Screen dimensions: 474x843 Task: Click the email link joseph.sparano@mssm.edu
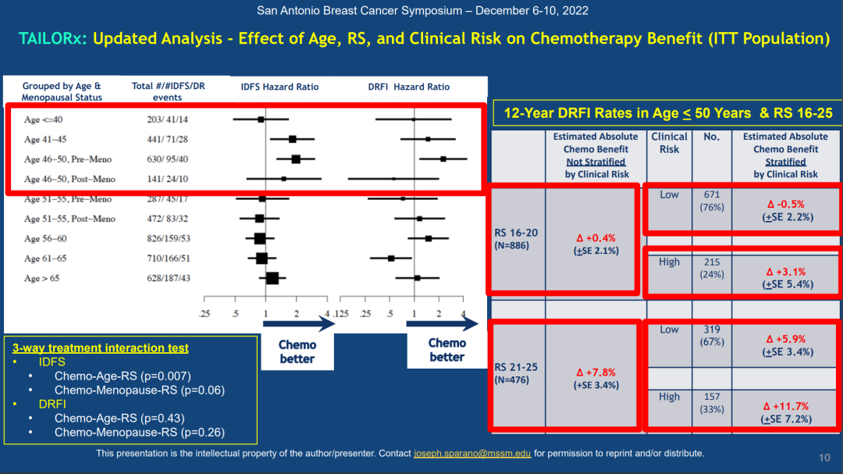point(472,453)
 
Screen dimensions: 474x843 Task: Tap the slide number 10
point(824,458)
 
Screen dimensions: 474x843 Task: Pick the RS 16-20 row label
point(516,233)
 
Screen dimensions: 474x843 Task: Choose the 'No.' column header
point(711,137)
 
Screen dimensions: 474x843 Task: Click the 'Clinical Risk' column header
point(669,143)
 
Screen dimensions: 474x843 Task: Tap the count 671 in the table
point(711,194)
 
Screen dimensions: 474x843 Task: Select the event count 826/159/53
point(169,238)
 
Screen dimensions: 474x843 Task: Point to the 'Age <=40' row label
point(44,119)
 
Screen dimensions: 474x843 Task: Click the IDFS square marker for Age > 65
point(272,278)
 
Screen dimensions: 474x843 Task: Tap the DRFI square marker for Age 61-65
point(391,258)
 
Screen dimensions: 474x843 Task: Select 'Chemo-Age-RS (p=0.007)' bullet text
point(123,376)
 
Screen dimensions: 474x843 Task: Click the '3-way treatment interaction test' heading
point(100,347)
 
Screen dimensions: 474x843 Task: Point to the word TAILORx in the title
point(52,38)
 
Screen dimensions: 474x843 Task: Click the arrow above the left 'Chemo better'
point(297,323)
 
